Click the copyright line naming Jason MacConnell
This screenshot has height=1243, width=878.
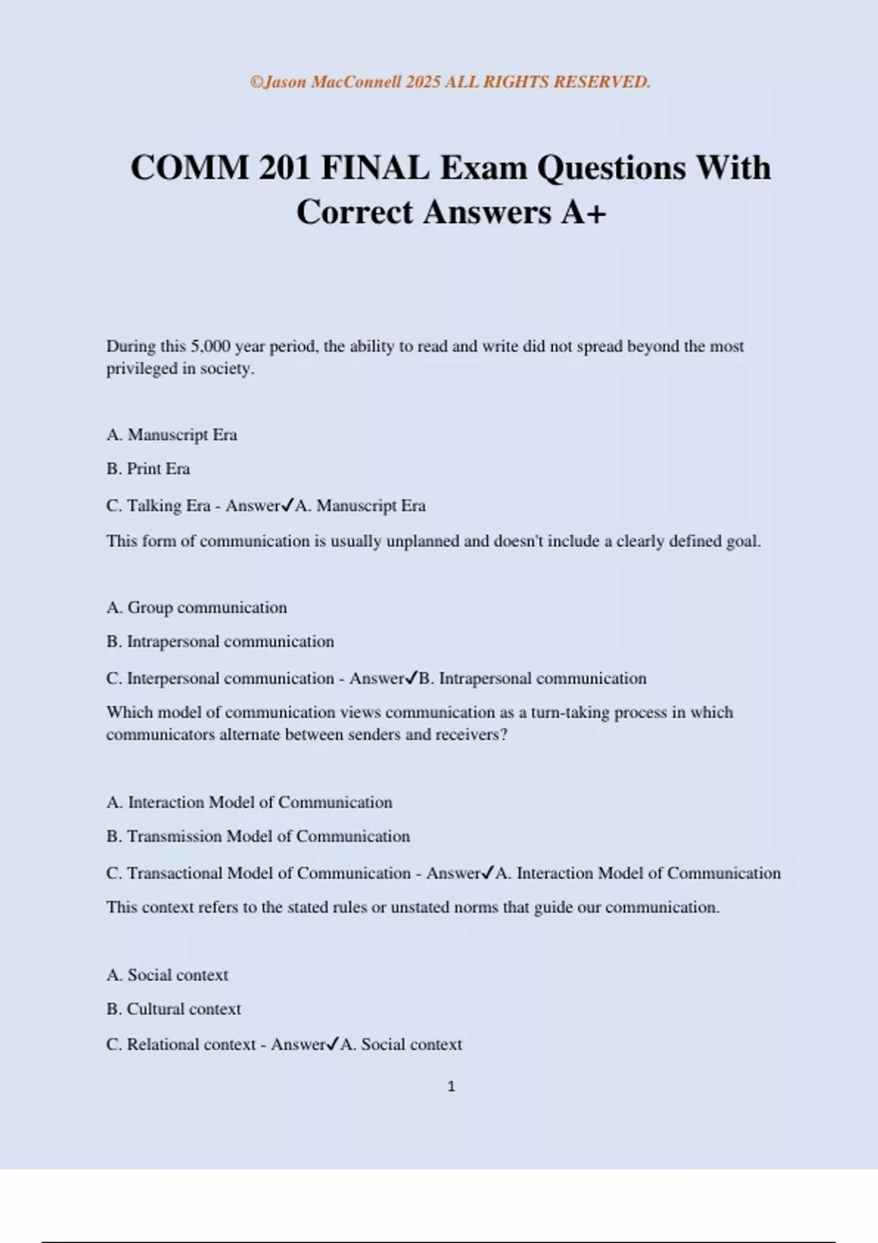450,82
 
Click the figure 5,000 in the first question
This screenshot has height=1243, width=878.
211,346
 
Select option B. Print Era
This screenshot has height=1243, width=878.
148,469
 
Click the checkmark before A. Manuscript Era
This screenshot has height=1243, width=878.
288,505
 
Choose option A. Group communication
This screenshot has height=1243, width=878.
196,608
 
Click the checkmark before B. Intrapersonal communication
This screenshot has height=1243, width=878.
411,678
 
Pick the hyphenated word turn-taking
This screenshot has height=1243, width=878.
570,712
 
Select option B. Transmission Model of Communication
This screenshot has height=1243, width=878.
258,836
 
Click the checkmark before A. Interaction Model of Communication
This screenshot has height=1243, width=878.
488,872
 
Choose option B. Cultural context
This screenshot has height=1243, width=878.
173,1009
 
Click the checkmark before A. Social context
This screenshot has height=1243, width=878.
333,1044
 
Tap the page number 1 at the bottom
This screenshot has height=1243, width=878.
451,1087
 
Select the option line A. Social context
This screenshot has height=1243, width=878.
167,975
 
